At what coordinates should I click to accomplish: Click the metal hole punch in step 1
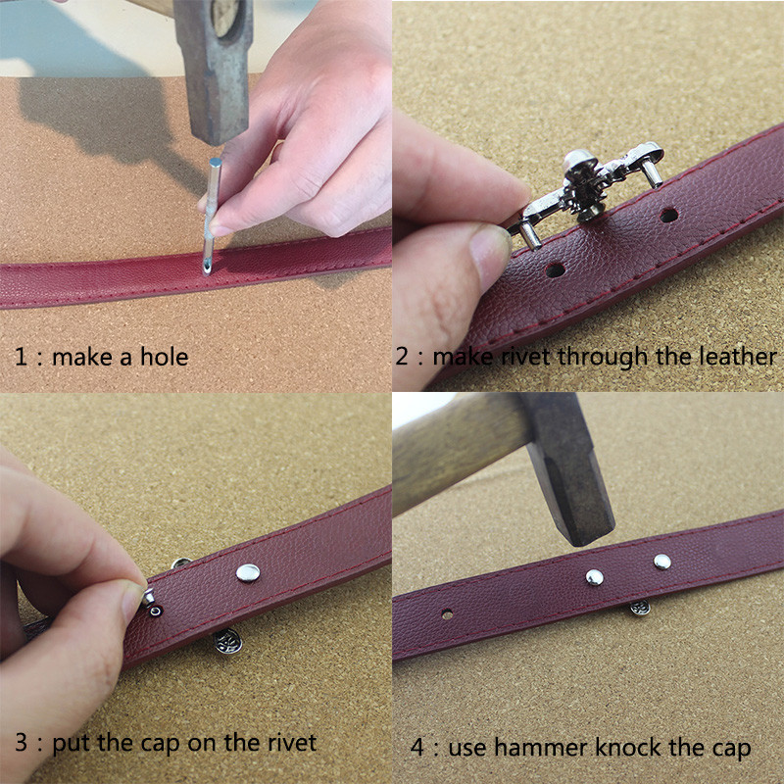[211, 215]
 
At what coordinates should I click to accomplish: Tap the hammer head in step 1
[214, 70]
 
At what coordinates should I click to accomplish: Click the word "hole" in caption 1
[164, 357]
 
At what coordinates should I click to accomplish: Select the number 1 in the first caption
[21, 357]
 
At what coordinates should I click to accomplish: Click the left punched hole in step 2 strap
[555, 270]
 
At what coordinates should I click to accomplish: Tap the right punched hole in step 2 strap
[668, 216]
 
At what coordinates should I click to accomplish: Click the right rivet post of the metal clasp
[652, 173]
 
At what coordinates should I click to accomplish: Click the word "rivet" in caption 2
[526, 357]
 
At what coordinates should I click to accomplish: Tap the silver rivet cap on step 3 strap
[248, 573]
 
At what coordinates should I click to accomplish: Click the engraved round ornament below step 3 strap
[228, 642]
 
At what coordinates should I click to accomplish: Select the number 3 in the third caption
[21, 743]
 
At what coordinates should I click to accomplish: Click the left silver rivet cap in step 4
[594, 577]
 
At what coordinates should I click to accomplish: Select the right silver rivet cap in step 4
[662, 562]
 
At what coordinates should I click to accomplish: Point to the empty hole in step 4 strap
[447, 614]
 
